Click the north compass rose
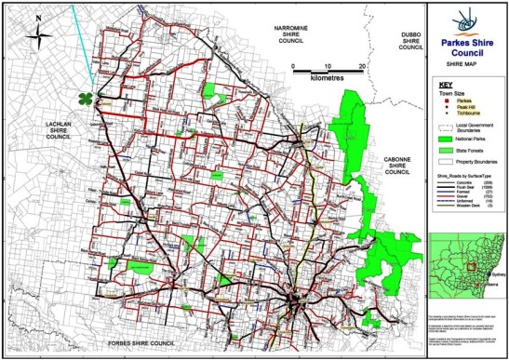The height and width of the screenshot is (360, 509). (38, 36)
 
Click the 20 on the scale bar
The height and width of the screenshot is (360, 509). (360, 67)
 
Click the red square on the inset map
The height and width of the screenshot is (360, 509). (474, 270)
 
